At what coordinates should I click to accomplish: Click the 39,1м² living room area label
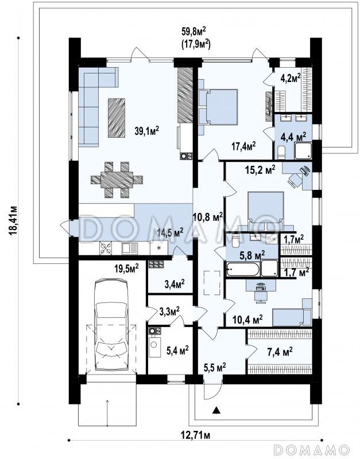tap(147, 131)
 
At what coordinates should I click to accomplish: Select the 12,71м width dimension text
tap(195, 435)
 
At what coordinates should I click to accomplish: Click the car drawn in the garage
tap(111, 324)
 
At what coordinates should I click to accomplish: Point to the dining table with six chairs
tap(117, 179)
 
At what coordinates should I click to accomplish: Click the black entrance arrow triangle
tap(216, 410)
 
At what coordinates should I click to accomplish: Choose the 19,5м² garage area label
tap(126, 269)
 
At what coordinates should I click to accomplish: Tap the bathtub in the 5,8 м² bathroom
tap(242, 269)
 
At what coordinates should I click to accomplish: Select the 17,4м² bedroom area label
tap(243, 146)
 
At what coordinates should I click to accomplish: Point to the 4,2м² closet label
tap(291, 79)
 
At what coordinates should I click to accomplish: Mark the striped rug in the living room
tap(117, 118)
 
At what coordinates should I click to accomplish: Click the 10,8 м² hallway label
tap(208, 217)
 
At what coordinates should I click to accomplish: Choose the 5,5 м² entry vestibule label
tap(215, 367)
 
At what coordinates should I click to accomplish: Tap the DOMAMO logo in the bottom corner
tap(311, 450)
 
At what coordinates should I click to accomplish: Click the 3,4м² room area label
tap(175, 283)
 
